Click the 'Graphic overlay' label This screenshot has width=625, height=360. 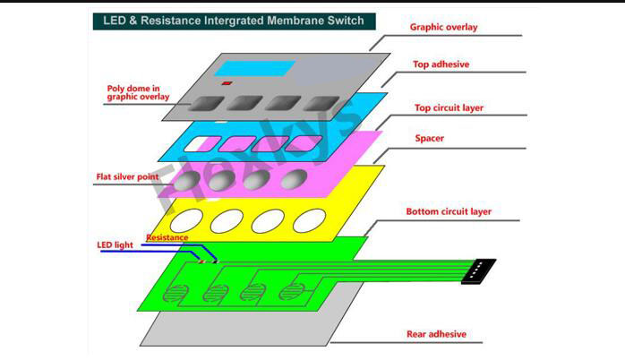tap(443, 27)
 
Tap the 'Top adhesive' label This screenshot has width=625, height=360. tap(441, 64)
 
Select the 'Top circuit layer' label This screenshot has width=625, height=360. tap(449, 107)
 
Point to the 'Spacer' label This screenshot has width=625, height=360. tap(429, 138)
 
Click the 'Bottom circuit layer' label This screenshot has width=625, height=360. tap(449, 211)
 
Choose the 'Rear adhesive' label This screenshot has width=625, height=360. tap(436, 334)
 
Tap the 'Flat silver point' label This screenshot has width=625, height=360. tap(127, 176)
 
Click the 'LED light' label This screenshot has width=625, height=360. tap(115, 244)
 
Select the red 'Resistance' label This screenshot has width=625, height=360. tap(167, 237)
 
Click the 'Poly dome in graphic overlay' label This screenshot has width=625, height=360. tap(138, 92)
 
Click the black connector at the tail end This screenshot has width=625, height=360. tap(478, 271)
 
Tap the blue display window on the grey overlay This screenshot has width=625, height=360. tap(255, 68)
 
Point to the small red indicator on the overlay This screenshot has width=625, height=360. tap(227, 83)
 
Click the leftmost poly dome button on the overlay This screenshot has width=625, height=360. tap(206, 103)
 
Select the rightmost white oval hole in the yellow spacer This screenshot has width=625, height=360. tap(309, 220)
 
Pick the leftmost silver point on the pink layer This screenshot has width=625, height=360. tap(186, 181)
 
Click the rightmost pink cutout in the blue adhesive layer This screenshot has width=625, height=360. tap(304, 143)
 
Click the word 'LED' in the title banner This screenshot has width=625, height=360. tap(115, 21)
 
